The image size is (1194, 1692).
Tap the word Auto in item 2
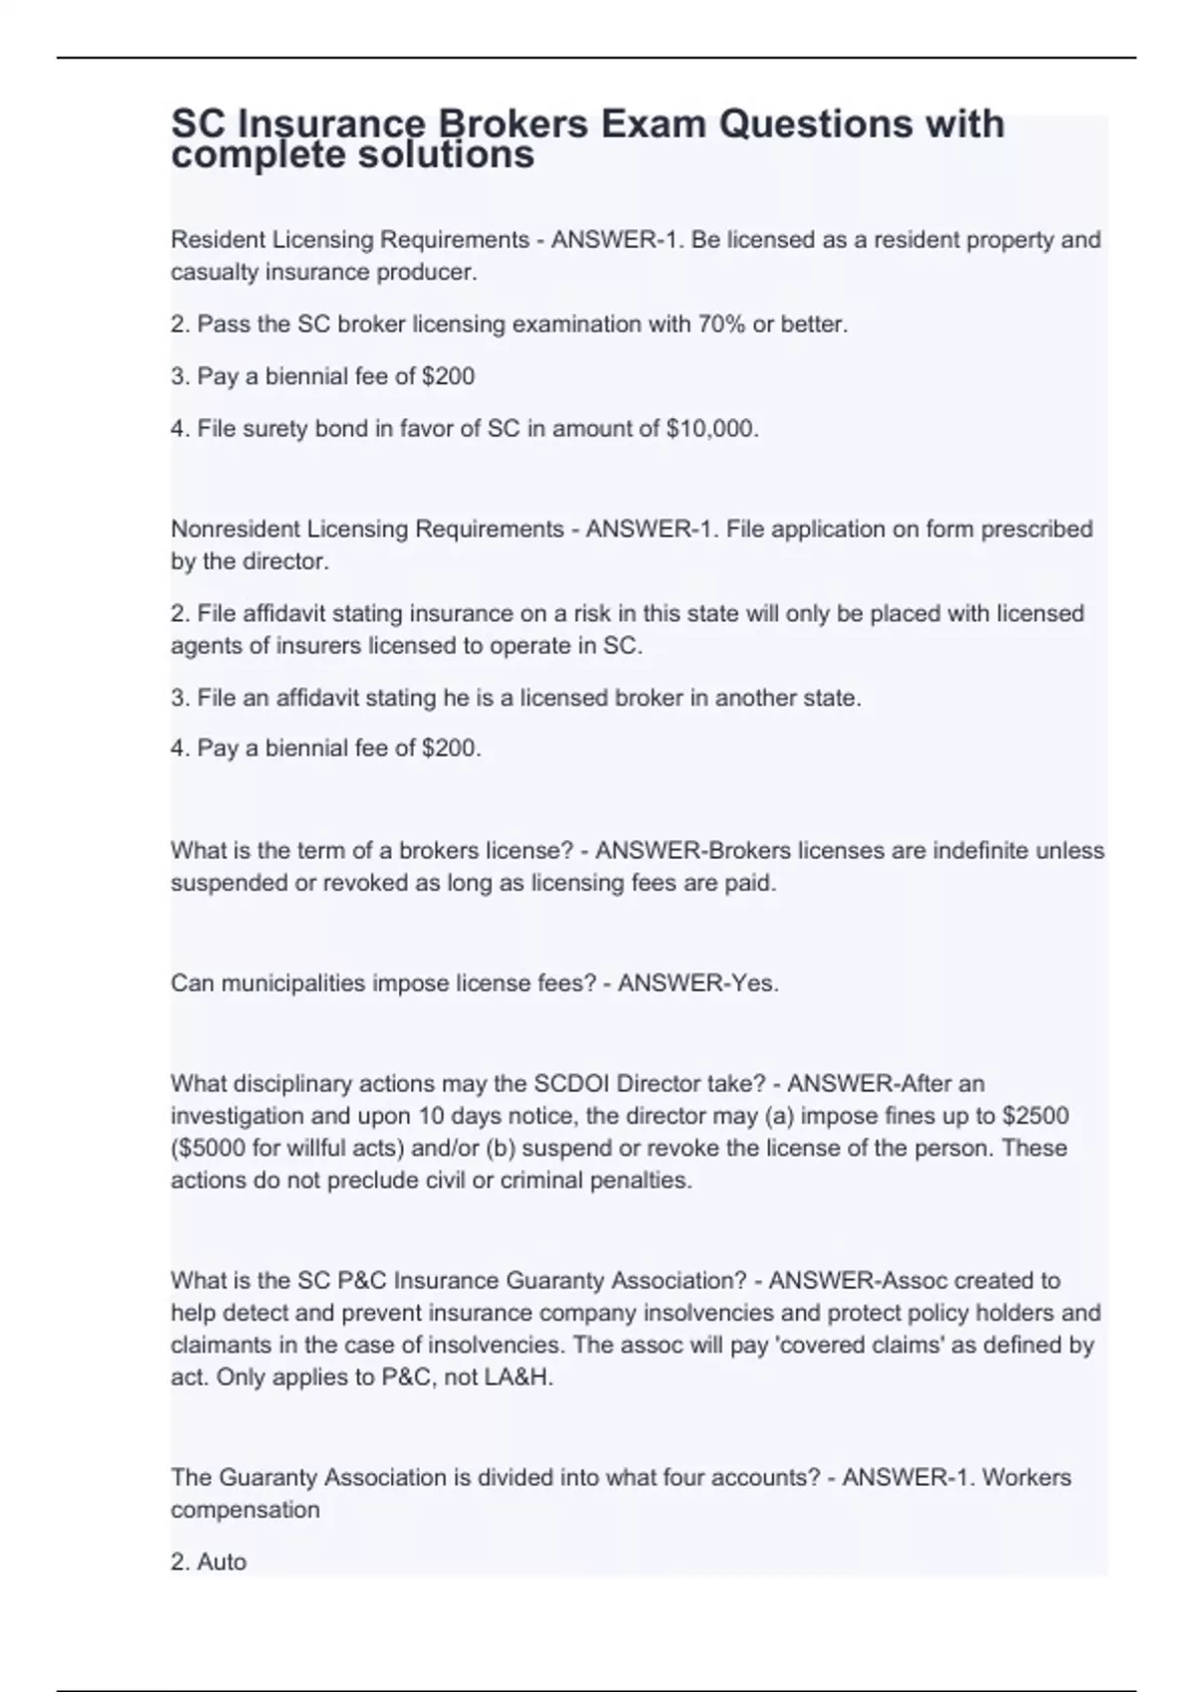pyautogui.click(x=221, y=1562)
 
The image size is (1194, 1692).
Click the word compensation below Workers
pyautogui.click(x=245, y=1510)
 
